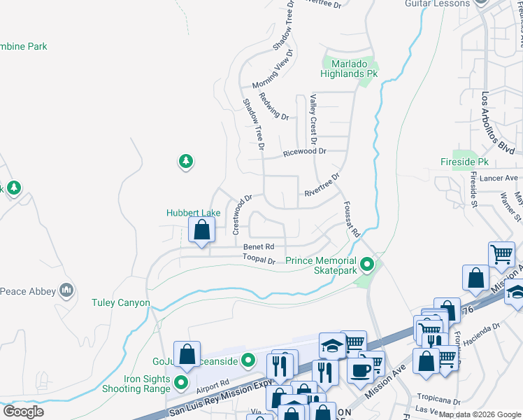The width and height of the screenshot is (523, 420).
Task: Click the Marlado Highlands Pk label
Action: coord(349,68)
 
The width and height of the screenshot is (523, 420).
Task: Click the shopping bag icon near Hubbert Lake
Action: coord(201,230)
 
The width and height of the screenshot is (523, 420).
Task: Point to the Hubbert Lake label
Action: coord(194,213)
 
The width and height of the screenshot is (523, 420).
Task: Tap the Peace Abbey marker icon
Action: coord(67,289)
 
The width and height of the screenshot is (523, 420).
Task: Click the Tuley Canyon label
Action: coord(121,302)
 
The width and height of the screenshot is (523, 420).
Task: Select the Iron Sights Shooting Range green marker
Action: coord(181,382)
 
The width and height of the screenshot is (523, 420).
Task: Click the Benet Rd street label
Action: coord(259,247)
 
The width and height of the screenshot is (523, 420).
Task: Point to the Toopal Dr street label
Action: coord(259,260)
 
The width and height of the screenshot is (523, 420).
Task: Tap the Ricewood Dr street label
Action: coord(305,151)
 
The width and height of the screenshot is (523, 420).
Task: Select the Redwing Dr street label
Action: coord(273,106)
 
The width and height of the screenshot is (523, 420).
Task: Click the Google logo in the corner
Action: coord(23,411)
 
